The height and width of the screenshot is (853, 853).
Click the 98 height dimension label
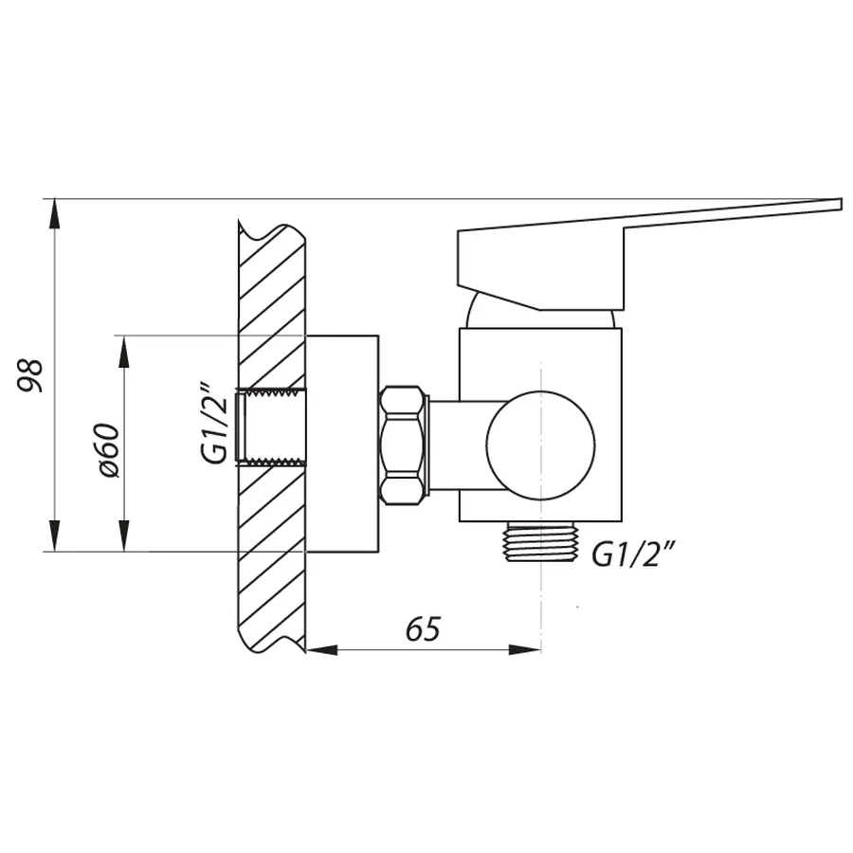[30, 374]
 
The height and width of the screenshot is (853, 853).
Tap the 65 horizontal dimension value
[424, 628]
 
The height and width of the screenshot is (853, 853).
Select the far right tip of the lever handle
[838, 204]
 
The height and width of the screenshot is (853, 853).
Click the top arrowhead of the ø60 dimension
[123, 347]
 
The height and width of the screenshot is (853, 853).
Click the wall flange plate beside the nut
[342, 443]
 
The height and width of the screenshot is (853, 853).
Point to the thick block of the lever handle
[540, 265]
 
